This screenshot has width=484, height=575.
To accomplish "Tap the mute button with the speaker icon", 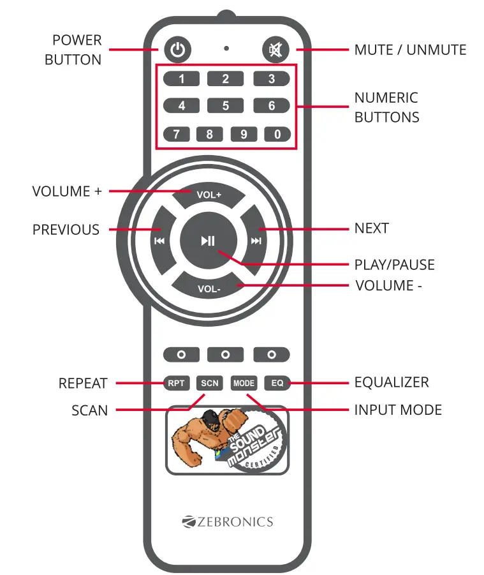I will pyautogui.click(x=275, y=50).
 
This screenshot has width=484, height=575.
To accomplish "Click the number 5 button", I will pyautogui.click(x=226, y=106).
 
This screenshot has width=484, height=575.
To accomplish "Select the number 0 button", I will pyautogui.click(x=277, y=135).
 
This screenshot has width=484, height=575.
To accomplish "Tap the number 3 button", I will pyautogui.click(x=272, y=79).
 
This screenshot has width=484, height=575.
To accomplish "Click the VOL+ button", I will pyautogui.click(x=209, y=194).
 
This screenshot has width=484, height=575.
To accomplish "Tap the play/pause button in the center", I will pyautogui.click(x=208, y=241).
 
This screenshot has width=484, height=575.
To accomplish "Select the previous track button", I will pyautogui.click(x=159, y=241).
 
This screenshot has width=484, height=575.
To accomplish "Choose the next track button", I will pyautogui.click(x=256, y=241).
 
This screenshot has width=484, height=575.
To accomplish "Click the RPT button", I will pyautogui.click(x=175, y=384).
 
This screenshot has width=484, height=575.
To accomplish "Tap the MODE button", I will pyautogui.click(x=244, y=384).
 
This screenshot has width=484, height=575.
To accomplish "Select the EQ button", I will pyautogui.click(x=277, y=384).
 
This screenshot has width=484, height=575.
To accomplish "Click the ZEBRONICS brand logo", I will pyautogui.click(x=227, y=522).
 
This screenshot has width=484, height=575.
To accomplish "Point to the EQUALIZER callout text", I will pyautogui.click(x=392, y=382).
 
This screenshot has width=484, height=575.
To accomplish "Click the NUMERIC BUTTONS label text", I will pyautogui.click(x=386, y=107).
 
